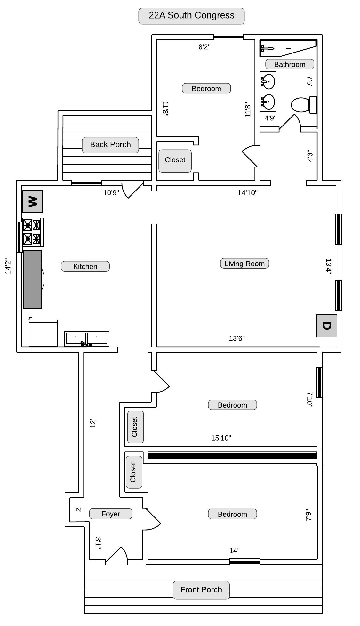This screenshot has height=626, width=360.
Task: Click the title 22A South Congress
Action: (191, 16)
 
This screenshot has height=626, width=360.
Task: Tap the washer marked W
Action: (33, 201)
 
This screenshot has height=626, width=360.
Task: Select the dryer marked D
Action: (327, 326)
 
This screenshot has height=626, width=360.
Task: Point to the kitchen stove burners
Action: (33, 232)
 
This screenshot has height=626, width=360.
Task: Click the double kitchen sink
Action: (87, 339)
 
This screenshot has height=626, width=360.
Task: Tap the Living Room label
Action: (244, 264)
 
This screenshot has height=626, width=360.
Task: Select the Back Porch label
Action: (110, 145)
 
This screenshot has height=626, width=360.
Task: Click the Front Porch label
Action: (201, 590)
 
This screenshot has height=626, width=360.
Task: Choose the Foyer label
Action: (111, 514)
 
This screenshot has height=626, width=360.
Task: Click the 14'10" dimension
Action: (247, 193)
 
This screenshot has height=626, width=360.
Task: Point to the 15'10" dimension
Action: (221, 438)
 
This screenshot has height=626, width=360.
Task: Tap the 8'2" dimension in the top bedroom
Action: (204, 47)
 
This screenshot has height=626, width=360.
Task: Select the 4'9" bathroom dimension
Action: (270, 118)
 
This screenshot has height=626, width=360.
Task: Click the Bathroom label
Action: (290, 64)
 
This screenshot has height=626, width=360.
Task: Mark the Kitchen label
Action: (85, 266)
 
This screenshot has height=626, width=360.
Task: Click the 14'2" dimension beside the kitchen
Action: (8, 266)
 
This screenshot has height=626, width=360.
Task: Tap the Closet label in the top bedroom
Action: (175, 160)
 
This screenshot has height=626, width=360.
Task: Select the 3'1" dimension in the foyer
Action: (98, 543)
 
